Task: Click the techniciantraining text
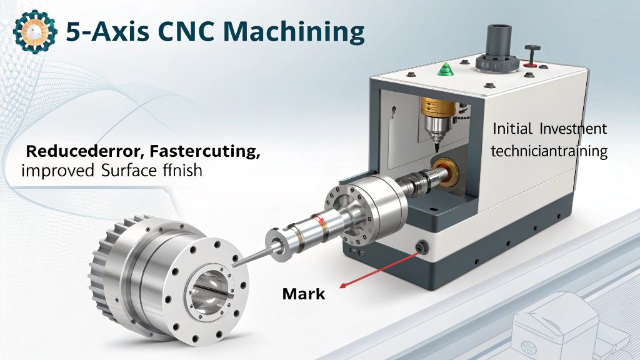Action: tap(549, 151)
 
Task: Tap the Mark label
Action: tap(304, 292)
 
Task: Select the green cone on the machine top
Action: tap(445, 67)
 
